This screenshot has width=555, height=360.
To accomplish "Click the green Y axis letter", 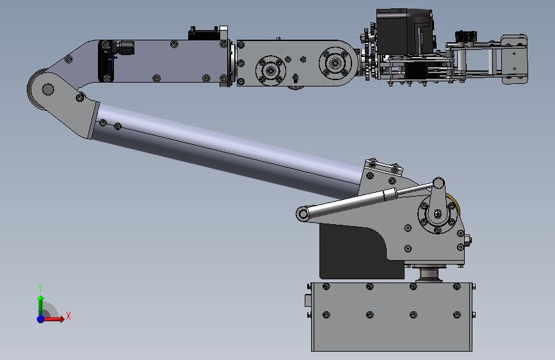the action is (x=40, y=288).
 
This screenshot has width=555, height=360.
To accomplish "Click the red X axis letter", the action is (x=68, y=316).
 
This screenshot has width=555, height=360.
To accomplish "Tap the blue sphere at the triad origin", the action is (x=41, y=319).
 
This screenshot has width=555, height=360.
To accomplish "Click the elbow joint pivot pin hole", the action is (x=48, y=89).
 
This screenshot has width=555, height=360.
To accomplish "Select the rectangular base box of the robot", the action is (x=392, y=316).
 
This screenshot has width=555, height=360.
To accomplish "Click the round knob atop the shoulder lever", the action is (x=438, y=183).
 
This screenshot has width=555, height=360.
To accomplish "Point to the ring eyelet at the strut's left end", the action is (x=303, y=214).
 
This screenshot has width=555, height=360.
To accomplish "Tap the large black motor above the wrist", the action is (x=404, y=31).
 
